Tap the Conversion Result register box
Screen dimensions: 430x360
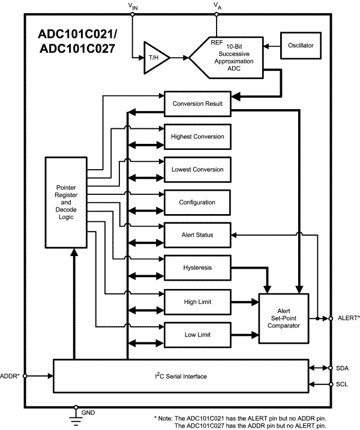click(197, 104)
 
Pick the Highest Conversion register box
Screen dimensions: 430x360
click(197, 137)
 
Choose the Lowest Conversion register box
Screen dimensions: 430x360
click(197, 169)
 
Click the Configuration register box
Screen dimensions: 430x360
click(197, 202)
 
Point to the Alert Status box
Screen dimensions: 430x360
click(197, 234)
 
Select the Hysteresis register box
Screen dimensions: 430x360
click(197, 267)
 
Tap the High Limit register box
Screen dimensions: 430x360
click(197, 301)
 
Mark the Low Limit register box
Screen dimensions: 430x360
click(197, 333)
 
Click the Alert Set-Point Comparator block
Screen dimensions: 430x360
click(283, 318)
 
